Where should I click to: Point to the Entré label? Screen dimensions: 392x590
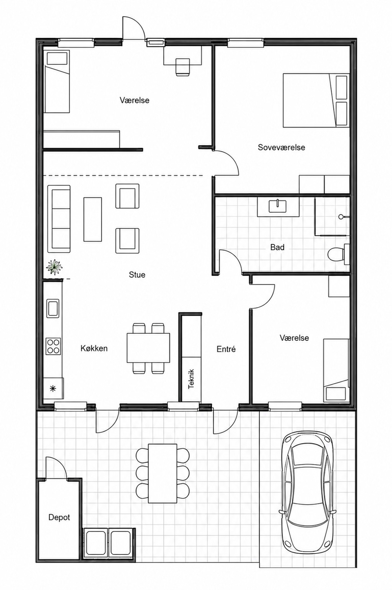pos(226,349)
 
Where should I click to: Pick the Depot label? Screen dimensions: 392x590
pos(59,517)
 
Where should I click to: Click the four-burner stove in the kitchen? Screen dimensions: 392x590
pos(53,346)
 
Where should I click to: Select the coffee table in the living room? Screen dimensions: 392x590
pos(92,219)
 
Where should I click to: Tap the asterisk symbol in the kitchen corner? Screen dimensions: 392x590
pos(53,389)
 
